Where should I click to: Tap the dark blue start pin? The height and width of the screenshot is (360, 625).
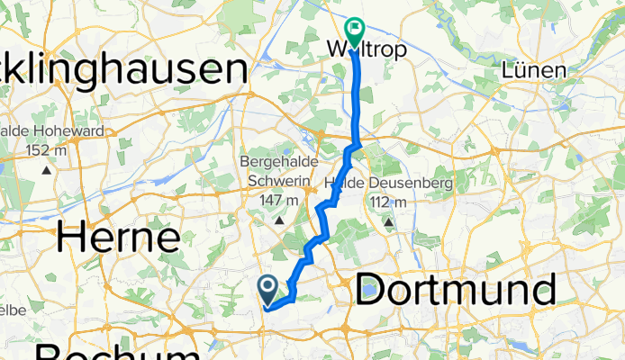click(268, 289)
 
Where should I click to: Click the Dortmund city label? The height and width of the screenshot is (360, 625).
click(454, 290)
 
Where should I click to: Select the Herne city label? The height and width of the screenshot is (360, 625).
click(118, 238)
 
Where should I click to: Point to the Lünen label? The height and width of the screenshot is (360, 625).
click(535, 70)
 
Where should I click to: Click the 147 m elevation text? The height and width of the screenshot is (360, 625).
click(279, 200)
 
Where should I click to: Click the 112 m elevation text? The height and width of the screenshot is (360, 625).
click(389, 202)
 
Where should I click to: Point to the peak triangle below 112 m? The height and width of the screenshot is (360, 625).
click(388, 221)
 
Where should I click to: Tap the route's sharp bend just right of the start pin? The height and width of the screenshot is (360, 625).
click(294, 299)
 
